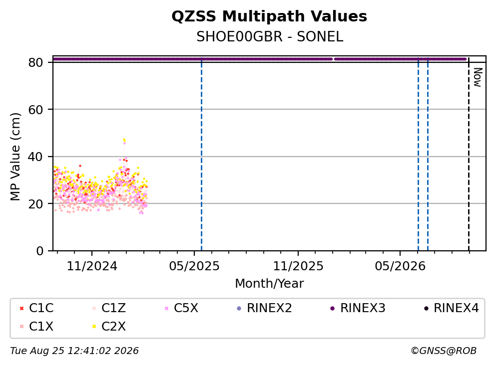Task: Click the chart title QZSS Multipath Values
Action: pos(269,16)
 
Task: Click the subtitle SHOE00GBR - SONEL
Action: pos(270,37)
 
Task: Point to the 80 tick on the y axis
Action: pos(35,62)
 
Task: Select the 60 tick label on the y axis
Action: pos(35,110)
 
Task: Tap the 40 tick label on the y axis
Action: pos(35,157)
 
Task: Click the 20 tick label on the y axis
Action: pos(35,203)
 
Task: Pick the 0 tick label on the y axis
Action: pos(39,251)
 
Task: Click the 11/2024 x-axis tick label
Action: pos(92,266)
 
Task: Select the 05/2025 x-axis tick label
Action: pos(194,266)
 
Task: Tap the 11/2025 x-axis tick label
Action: pos(298,266)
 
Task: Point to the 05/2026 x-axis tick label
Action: pos(400,266)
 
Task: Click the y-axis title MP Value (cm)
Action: pos(15,157)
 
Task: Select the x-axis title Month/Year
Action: pos(269,284)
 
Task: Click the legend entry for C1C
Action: pos(36,308)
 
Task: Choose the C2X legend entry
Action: pos(109,326)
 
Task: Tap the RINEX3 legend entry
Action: pos(358,308)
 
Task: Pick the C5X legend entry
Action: pos(182,308)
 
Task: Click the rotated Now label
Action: pos(478,77)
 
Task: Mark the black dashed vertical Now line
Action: pos(469,154)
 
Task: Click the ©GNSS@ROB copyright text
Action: pos(444,351)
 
